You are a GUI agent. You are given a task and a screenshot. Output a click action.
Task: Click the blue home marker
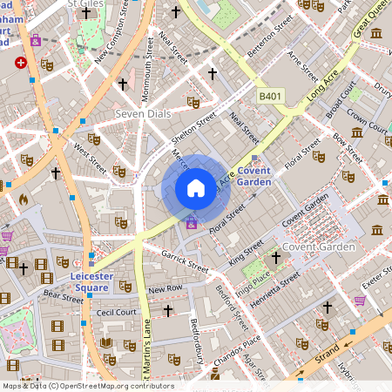point(196,188)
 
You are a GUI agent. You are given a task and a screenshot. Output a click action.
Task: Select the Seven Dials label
point(142,114)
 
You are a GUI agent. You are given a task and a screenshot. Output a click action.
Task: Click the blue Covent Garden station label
point(254,176)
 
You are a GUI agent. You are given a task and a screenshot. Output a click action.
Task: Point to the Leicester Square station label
point(91,281)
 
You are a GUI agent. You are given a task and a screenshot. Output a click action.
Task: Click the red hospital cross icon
point(21,63)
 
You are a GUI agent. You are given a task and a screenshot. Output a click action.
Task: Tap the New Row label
point(166,288)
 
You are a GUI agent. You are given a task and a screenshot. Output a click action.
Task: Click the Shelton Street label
point(193,127)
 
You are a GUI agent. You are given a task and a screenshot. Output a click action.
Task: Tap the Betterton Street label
point(270,33)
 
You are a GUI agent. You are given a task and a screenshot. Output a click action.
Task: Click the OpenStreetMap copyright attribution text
point(76,385)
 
